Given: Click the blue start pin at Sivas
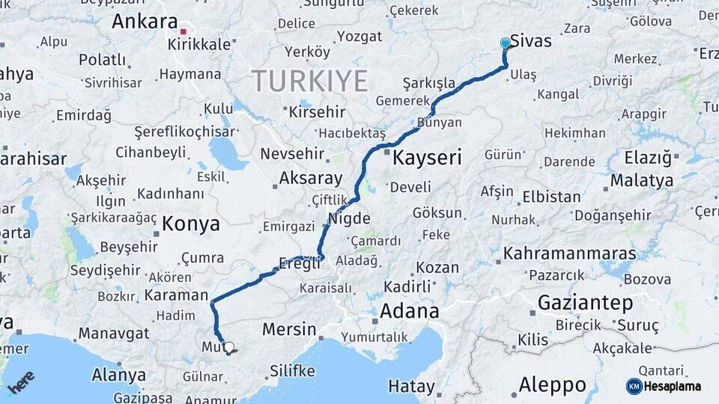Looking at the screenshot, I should pyautogui.click(x=506, y=43).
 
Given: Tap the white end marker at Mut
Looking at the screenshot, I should pyautogui.click(x=228, y=347).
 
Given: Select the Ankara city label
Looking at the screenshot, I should pyautogui.click(x=145, y=21).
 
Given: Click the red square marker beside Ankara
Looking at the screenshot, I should pyautogui.click(x=183, y=31).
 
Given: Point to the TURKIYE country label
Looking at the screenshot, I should pyautogui.click(x=309, y=81).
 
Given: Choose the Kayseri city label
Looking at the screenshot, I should pyautogui.click(x=427, y=158).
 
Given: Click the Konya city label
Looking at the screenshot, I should pyautogui.click(x=191, y=224).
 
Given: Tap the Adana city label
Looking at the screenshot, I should pyautogui.click(x=409, y=310).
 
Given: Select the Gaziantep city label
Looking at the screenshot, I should pyautogui.click(x=585, y=303).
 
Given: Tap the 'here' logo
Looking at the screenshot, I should pyautogui.click(x=22, y=382).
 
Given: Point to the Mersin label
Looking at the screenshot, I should pyautogui.click(x=289, y=329).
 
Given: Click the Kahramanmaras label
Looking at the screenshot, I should pyautogui.click(x=569, y=254).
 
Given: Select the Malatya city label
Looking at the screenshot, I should pyautogui.click(x=641, y=180).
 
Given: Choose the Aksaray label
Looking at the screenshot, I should pyautogui.click(x=310, y=179).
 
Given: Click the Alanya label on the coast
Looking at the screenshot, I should pyautogui.click(x=118, y=375).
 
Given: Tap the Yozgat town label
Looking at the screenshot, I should pyautogui.click(x=359, y=37).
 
